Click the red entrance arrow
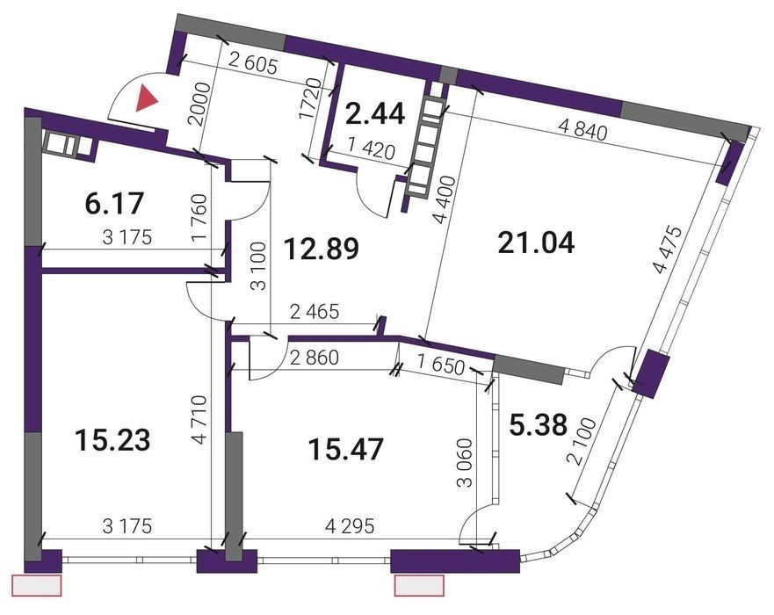click(147, 97)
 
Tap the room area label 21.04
click(537, 243)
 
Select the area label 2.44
click(376, 113)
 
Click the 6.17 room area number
click(114, 203)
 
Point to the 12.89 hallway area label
click(321, 249)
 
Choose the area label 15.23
click(112, 440)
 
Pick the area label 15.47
click(345, 450)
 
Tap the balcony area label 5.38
click(538, 425)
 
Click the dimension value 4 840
click(582, 130)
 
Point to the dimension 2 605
click(254, 63)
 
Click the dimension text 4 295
click(350, 526)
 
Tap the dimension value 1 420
click(372, 149)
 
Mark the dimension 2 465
click(315, 312)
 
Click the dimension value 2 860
click(315, 358)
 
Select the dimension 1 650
click(441, 365)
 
